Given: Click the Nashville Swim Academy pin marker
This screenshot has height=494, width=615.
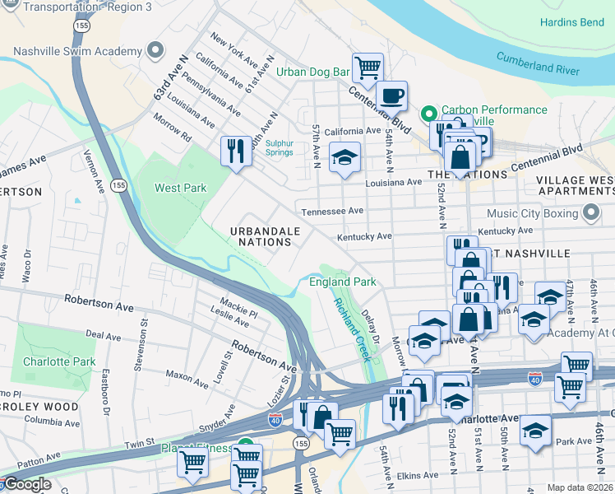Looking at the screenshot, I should [155, 51].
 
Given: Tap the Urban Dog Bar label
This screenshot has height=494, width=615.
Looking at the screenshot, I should [313, 72].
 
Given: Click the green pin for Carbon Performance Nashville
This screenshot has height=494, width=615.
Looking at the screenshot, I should [428, 114].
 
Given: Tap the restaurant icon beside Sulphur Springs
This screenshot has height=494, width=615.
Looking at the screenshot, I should [236, 150].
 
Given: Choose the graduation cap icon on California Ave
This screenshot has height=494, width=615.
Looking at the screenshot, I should [344, 157].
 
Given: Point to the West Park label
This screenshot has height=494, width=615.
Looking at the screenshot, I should [181, 188].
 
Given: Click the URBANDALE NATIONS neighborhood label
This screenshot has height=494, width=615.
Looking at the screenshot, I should [265, 236].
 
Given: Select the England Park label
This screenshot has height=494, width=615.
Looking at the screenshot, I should [342, 282].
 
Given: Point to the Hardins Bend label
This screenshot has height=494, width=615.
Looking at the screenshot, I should [571, 22].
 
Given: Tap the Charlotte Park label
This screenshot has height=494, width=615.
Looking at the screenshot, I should [59, 361].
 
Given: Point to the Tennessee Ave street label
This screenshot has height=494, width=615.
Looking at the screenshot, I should [332, 211].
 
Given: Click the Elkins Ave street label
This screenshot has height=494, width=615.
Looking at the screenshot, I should [418, 475].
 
